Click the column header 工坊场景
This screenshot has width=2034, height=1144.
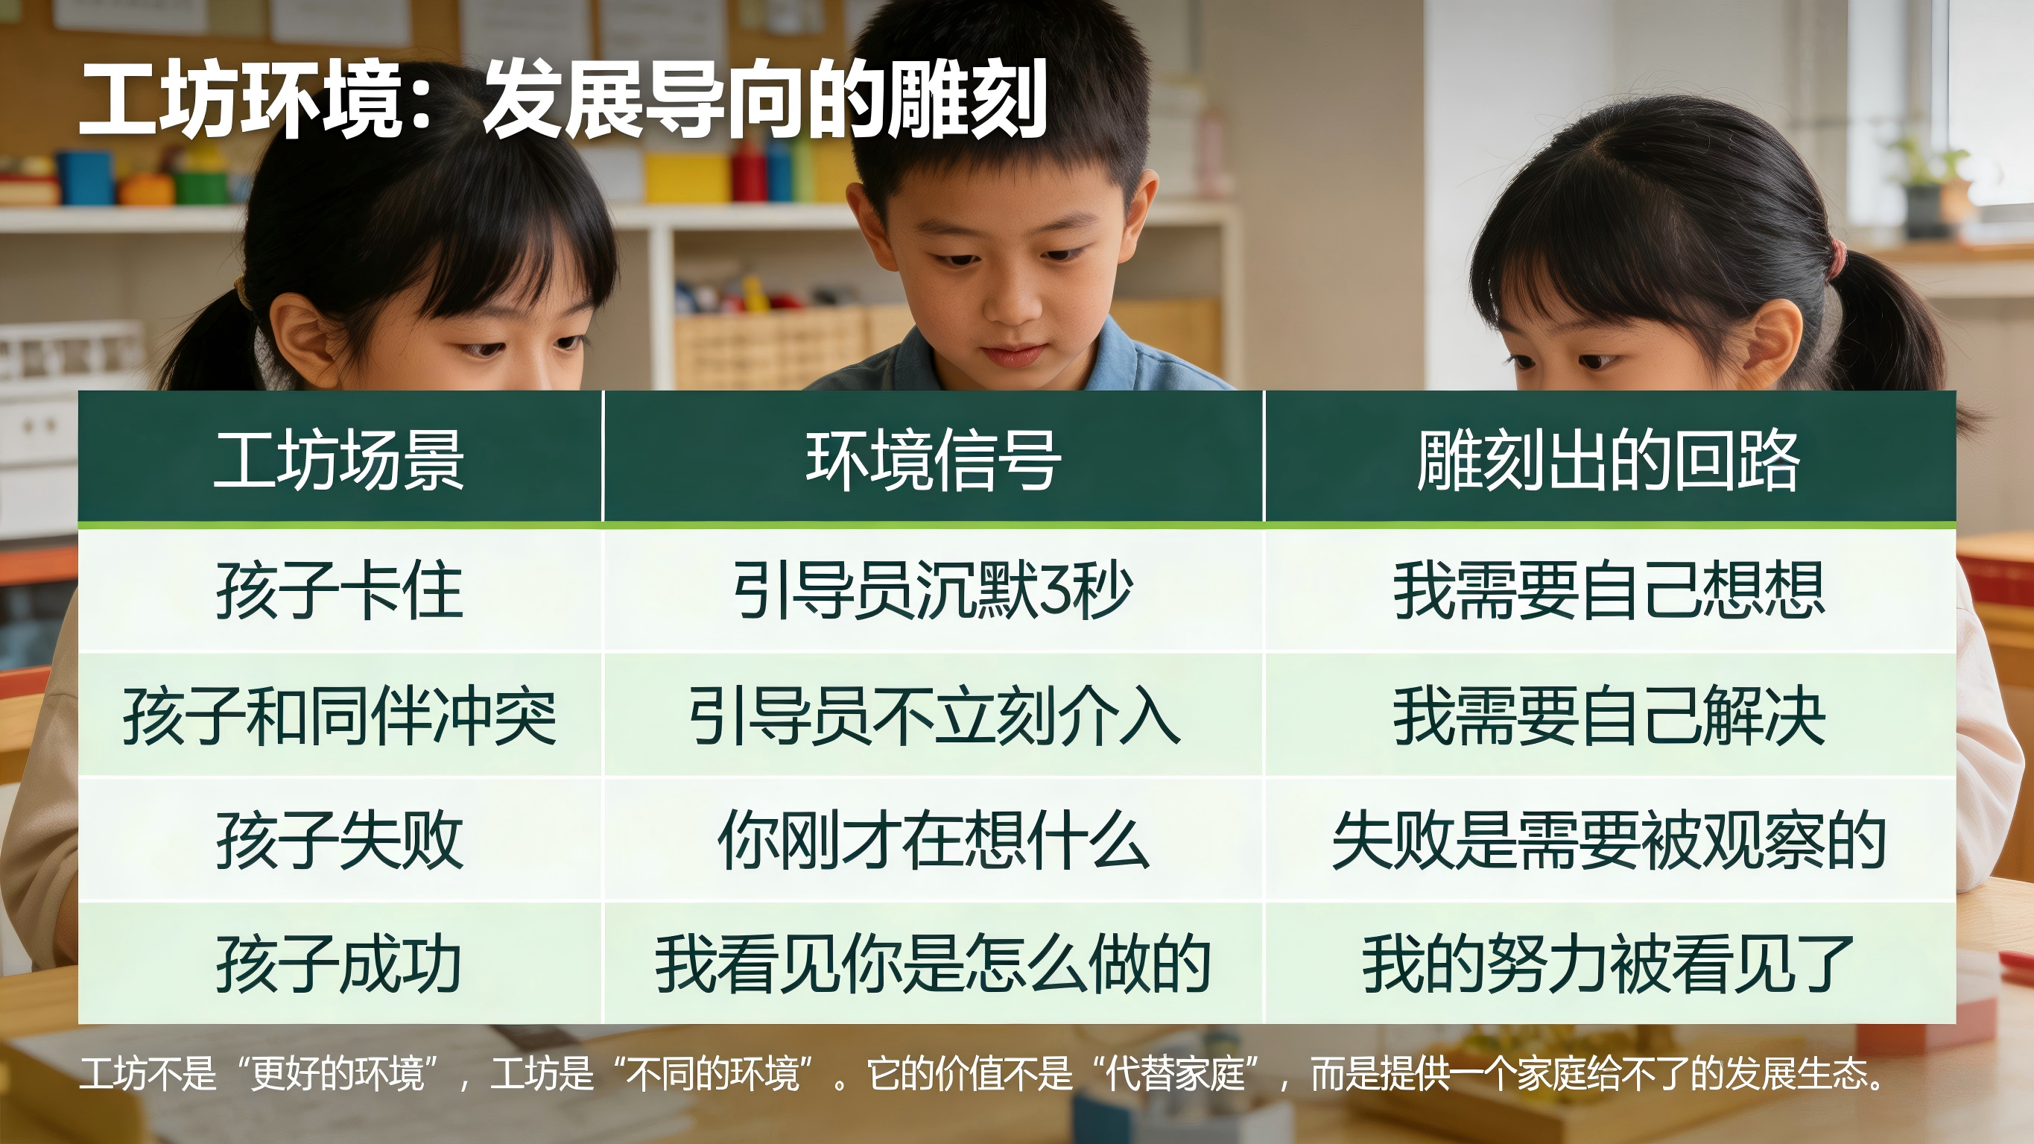pos(339,460)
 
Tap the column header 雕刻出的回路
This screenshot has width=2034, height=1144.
pos(1609,460)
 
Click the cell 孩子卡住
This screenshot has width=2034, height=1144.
pos(339,590)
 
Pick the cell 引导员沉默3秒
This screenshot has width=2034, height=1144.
pos(933,590)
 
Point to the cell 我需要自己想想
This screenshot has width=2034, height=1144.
pos(1609,590)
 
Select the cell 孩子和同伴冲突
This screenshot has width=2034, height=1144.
pos(340,715)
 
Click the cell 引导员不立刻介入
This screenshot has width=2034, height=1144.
pos(934,715)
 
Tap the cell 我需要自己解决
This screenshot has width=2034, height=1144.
pos(1609,715)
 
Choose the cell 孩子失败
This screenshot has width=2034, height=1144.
pos(339,840)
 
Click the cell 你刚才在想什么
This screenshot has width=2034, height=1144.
pos(934,840)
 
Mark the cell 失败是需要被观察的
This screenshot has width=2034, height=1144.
pos(1609,840)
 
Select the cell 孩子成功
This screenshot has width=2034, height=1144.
pos(339,963)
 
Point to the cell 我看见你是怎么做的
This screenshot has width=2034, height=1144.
pos(934,963)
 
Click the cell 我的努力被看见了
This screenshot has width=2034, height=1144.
pos(1609,963)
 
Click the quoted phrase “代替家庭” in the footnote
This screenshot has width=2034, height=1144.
pos(1176,1074)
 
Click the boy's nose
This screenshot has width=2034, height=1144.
pos(1011,304)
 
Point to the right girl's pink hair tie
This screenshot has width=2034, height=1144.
pos(1837,257)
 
